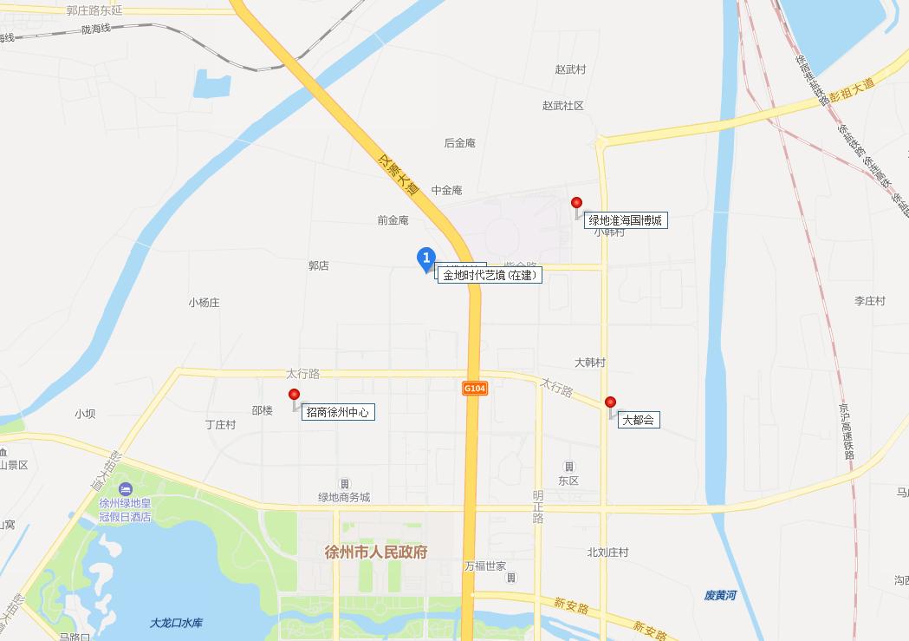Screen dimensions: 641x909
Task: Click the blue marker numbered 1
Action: (x=425, y=258)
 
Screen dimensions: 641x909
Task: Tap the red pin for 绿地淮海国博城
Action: (x=576, y=204)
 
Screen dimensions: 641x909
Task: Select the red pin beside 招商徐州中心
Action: (x=294, y=396)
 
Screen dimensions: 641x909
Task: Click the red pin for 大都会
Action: (x=610, y=402)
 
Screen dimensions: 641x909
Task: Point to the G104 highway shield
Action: (x=474, y=389)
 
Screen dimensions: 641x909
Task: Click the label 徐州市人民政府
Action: (x=375, y=552)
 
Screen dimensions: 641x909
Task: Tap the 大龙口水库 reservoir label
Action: (x=176, y=623)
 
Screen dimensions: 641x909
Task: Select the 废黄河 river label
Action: (x=720, y=595)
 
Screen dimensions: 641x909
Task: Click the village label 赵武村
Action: (x=570, y=69)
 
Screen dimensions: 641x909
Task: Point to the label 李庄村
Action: (x=870, y=301)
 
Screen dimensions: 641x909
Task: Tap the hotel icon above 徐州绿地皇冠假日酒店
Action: (x=126, y=491)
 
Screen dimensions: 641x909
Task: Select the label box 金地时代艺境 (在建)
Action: (x=490, y=276)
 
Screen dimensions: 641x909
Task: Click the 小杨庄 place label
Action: (x=204, y=303)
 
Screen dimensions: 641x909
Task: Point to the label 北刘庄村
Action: (x=607, y=553)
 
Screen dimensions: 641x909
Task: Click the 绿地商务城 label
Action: (x=344, y=497)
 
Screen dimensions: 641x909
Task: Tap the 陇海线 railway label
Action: (x=96, y=29)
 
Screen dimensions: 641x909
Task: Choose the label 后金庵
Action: (x=459, y=143)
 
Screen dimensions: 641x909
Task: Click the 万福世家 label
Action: (x=484, y=566)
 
